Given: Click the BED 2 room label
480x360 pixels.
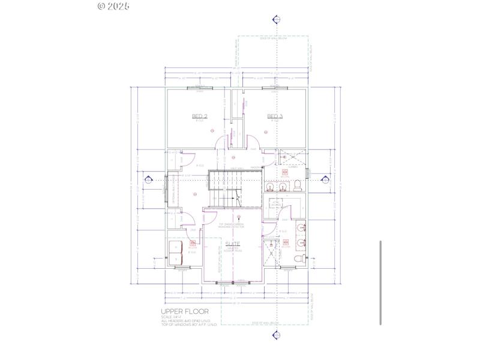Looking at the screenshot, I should click(x=200, y=116).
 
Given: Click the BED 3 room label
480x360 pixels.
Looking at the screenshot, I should click(x=275, y=116).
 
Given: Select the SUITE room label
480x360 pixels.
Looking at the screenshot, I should click(x=232, y=245).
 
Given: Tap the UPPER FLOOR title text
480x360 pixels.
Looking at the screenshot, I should click(x=185, y=312).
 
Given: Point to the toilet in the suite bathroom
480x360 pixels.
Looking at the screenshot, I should click(x=299, y=258).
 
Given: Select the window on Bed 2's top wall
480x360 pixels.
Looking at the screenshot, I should click(x=200, y=89).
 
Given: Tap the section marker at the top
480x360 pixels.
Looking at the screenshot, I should click(x=276, y=19).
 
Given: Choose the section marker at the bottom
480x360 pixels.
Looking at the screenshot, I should click(x=276, y=337).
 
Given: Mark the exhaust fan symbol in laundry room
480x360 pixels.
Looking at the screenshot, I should click(x=193, y=244).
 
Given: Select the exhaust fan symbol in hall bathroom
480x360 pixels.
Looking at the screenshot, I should click(x=286, y=173).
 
